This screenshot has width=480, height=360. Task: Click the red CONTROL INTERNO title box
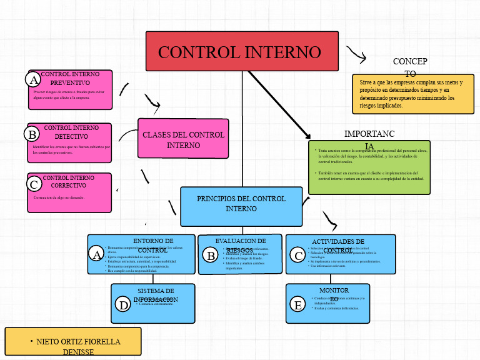[242, 51]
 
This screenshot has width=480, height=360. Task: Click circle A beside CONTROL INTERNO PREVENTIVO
[33, 79]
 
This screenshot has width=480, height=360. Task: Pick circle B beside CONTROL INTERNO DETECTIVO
[32, 134]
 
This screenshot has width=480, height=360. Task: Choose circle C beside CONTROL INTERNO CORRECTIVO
[34, 184]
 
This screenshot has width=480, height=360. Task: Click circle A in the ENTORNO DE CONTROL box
[96, 254]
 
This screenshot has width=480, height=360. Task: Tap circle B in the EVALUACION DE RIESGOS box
[211, 255]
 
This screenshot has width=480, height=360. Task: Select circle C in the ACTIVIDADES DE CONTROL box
[297, 254]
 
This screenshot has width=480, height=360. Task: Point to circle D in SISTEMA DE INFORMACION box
[124, 304]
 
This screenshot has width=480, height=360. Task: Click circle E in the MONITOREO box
[298, 304]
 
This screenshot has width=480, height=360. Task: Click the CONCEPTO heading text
[410, 67]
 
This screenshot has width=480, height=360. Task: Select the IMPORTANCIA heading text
[369, 139]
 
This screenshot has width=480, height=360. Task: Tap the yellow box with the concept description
[413, 94]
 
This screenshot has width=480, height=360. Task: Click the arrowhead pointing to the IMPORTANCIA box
[307, 136]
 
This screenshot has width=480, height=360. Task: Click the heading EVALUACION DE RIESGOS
[240, 245]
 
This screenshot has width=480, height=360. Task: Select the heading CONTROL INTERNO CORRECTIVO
[69, 182]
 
